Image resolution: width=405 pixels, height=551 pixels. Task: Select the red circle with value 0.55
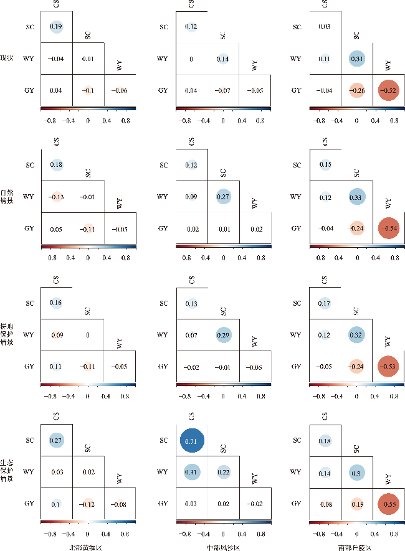click(388, 503)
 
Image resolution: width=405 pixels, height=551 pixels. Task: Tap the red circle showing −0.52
click(388, 90)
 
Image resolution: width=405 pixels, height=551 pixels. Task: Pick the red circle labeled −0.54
click(388, 228)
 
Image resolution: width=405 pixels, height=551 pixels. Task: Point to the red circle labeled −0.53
click(388, 365)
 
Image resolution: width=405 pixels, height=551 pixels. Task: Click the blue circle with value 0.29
click(223, 334)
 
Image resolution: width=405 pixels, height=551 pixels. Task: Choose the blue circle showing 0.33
click(356, 197)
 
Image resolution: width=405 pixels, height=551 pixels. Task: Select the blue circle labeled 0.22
click(223, 472)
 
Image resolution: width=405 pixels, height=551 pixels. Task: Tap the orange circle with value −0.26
click(356, 90)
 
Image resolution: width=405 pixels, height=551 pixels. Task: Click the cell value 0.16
click(56, 303)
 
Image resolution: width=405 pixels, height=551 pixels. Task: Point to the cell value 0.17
click(325, 303)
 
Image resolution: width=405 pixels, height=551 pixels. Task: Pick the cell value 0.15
click(325, 165)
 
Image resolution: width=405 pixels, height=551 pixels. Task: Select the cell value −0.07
click(223, 90)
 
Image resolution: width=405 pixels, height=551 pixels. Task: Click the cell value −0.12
click(88, 503)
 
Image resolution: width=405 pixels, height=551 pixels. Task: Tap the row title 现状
click(7, 59)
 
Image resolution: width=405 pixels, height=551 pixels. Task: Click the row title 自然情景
click(7, 197)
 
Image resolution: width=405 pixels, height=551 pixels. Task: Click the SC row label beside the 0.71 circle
click(164, 441)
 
